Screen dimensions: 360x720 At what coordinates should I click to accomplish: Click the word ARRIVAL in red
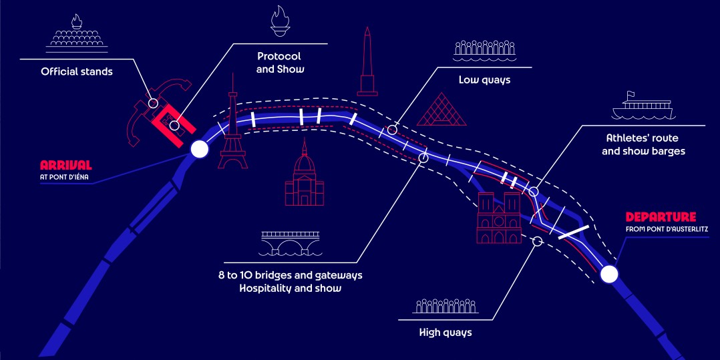point(65,165)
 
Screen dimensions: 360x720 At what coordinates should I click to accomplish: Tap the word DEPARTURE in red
point(661,217)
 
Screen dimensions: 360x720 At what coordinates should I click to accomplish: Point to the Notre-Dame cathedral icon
point(498,217)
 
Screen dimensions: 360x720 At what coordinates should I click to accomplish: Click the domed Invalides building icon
point(304,176)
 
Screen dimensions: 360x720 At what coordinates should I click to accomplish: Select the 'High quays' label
point(445,332)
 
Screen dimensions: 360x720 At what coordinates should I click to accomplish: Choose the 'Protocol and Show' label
point(279,62)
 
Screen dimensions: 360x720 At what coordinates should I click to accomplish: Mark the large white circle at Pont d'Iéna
point(199,150)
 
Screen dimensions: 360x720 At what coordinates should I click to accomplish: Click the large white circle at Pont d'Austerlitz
point(608,275)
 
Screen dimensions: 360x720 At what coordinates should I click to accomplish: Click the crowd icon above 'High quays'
point(445,306)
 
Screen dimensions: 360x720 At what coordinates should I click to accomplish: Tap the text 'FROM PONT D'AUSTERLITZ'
point(667,229)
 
